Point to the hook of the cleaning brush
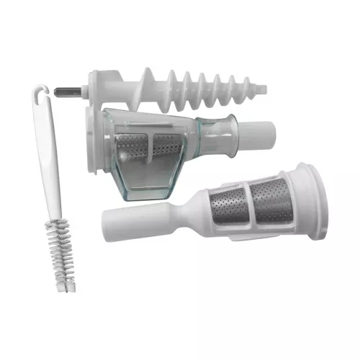42,91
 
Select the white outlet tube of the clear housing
259,134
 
